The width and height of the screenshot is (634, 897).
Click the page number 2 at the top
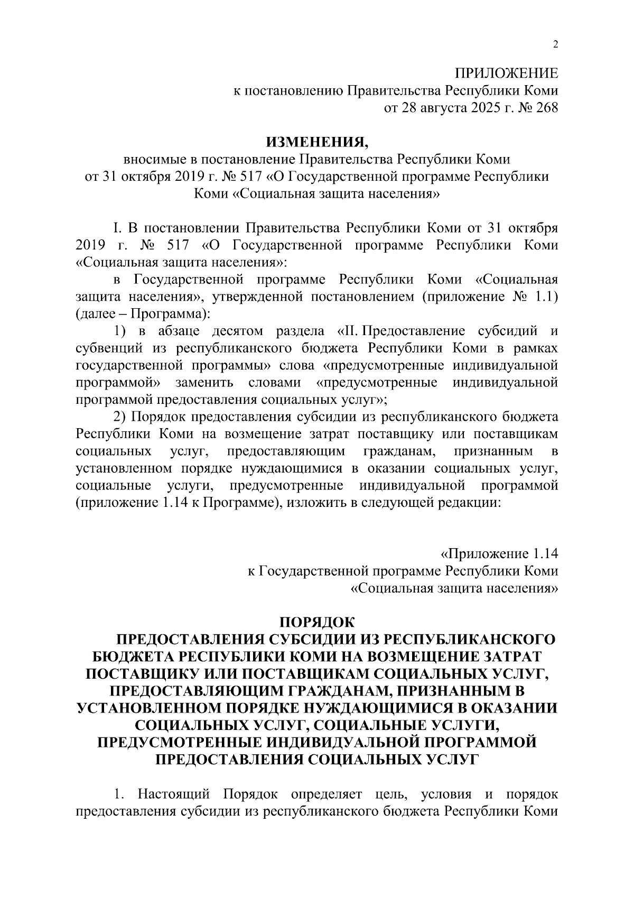tap(555, 44)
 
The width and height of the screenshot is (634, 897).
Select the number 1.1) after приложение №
tap(544, 297)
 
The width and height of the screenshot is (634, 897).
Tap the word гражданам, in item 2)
tap(399, 451)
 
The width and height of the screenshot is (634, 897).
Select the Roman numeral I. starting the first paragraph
tap(117, 228)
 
